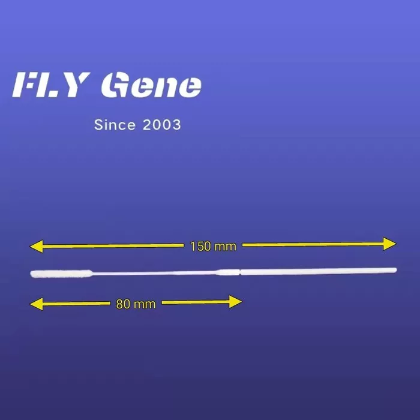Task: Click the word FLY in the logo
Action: tap(50, 85)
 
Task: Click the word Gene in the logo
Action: tap(151, 85)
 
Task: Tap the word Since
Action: tap(115, 125)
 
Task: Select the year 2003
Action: tap(162, 125)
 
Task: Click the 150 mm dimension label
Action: tap(213, 247)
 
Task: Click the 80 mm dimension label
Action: tap(136, 304)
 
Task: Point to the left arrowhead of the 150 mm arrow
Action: tap(36, 247)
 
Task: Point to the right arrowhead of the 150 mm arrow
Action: tap(390, 244)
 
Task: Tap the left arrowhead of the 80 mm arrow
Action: tap(36, 304)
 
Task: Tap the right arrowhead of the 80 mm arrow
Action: tap(235, 302)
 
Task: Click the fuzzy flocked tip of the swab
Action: tap(61, 274)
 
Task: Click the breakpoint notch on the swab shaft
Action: tap(240, 272)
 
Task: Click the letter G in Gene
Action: tap(114, 85)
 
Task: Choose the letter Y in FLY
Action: tap(76, 85)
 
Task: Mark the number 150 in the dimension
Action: tap(200, 247)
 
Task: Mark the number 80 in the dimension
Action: tap(123, 304)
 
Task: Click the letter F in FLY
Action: tap(25, 85)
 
